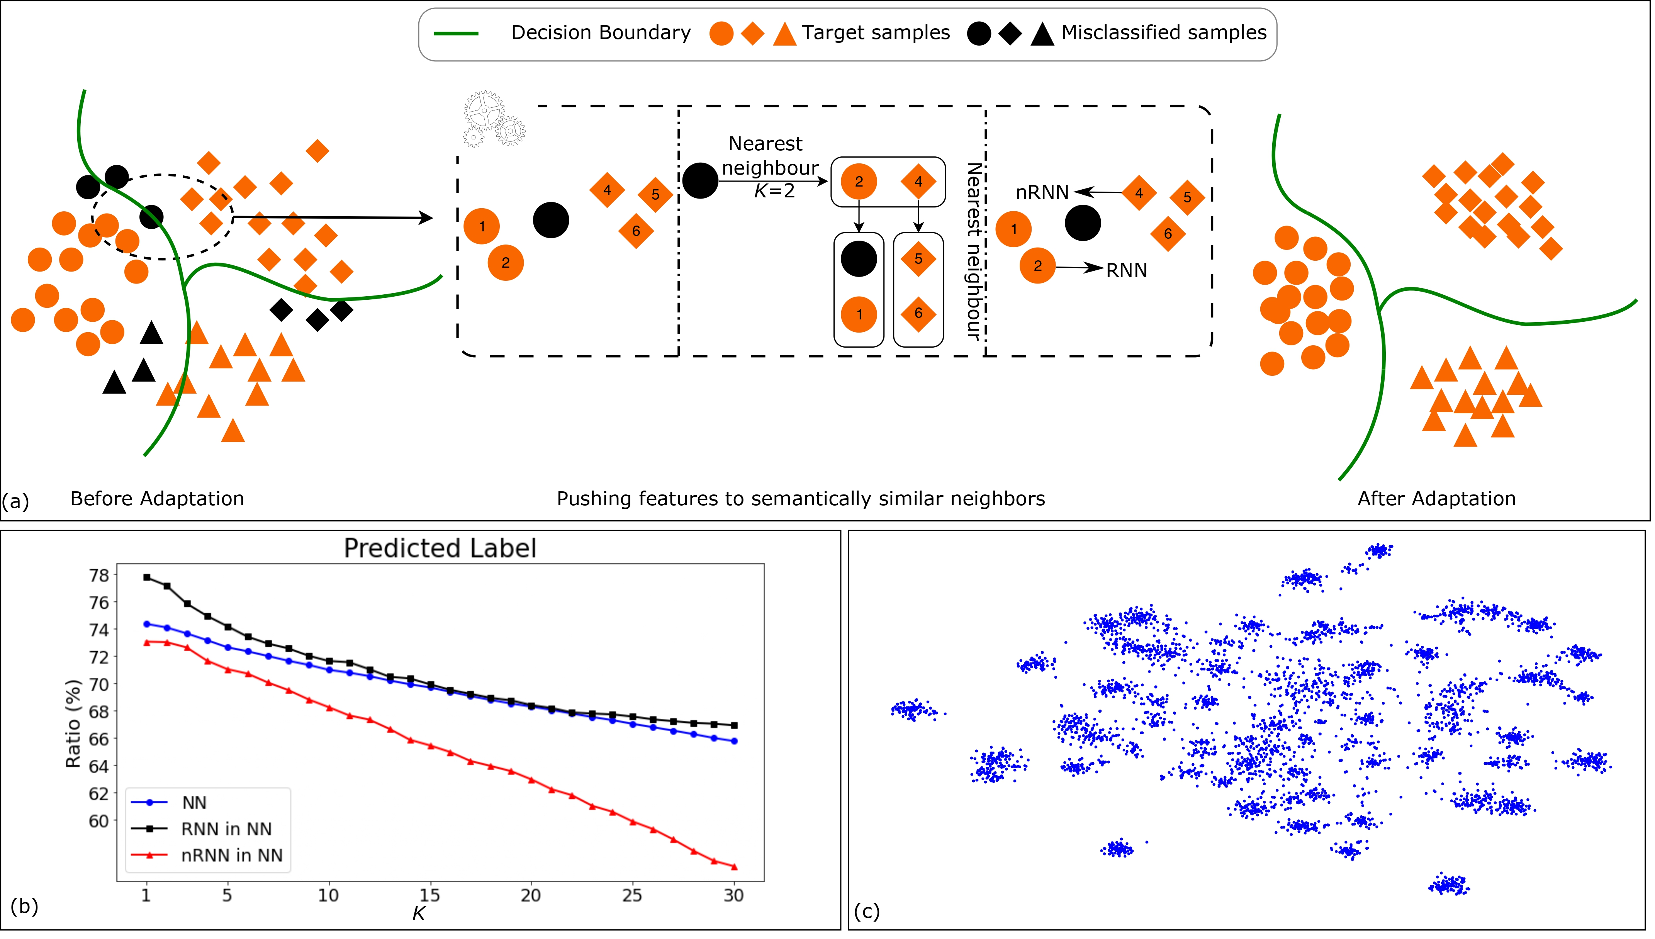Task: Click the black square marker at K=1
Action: pyautogui.click(x=147, y=578)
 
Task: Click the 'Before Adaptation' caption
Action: pyautogui.click(x=157, y=499)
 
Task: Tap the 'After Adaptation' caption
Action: pyautogui.click(x=1436, y=499)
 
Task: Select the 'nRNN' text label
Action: pyautogui.click(x=1042, y=193)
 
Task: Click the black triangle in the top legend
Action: pyautogui.click(x=1042, y=34)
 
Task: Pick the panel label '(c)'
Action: pyautogui.click(x=866, y=911)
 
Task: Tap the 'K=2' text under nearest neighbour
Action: pyautogui.click(x=774, y=191)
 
